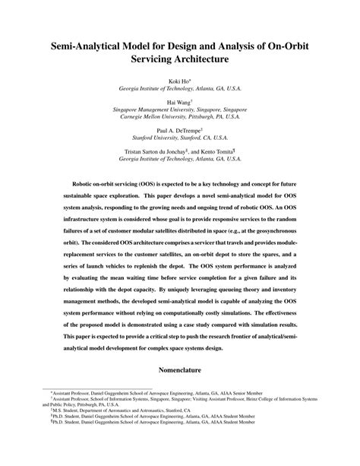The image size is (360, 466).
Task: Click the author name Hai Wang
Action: pyautogui.click(x=179, y=100)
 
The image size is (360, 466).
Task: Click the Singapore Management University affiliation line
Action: pyautogui.click(x=180, y=109)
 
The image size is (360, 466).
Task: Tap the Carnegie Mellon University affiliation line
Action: pyautogui.click(x=180, y=118)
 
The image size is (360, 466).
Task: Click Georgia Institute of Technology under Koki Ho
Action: pyautogui.click(x=180, y=88)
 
